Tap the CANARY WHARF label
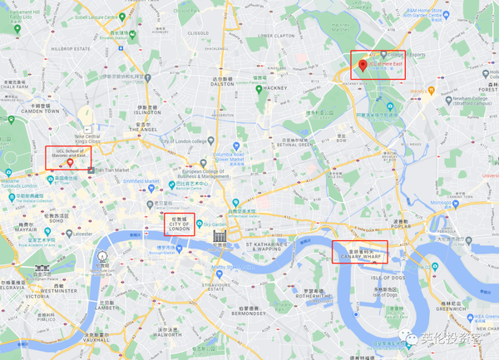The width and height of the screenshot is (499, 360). point(359,257)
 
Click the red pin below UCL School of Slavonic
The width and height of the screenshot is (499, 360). point(72,163)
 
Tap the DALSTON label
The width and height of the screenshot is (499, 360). point(223,84)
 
